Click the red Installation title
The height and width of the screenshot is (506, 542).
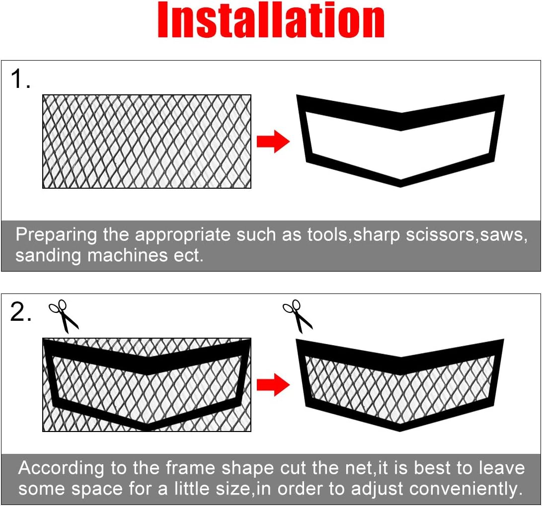tap(271, 21)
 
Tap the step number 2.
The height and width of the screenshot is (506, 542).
tap(21, 312)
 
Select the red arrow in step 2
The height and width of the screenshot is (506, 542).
tap(273, 385)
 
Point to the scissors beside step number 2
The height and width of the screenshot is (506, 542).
tap(64, 316)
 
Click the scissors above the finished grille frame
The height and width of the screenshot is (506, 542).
tap(298, 316)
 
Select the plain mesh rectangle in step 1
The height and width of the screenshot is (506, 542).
tap(147, 142)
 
